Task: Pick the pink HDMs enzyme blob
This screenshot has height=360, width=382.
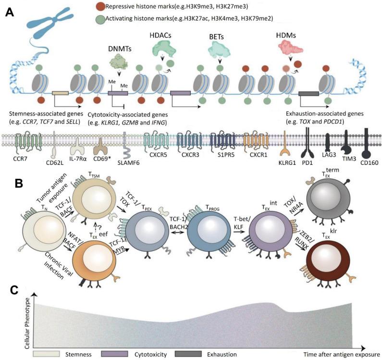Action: tap(290, 48)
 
